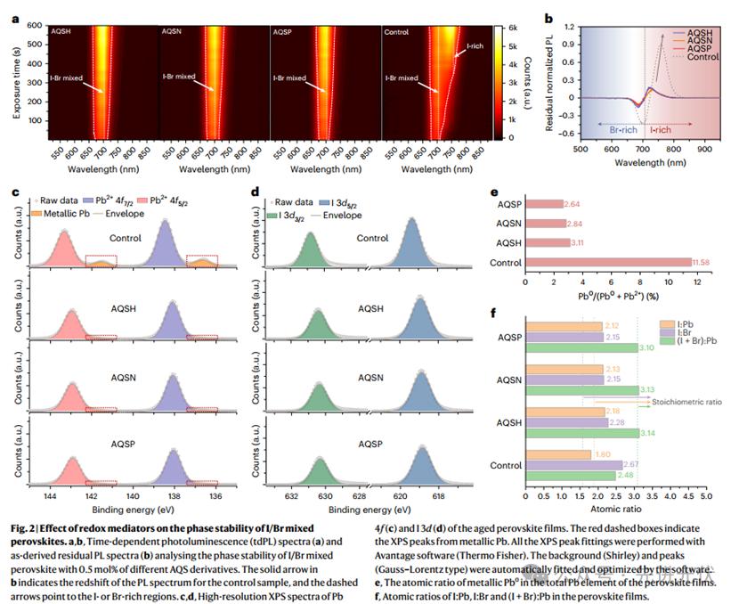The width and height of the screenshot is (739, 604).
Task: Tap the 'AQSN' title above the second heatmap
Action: tap(173, 32)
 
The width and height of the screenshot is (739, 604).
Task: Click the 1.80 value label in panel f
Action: tap(604, 454)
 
